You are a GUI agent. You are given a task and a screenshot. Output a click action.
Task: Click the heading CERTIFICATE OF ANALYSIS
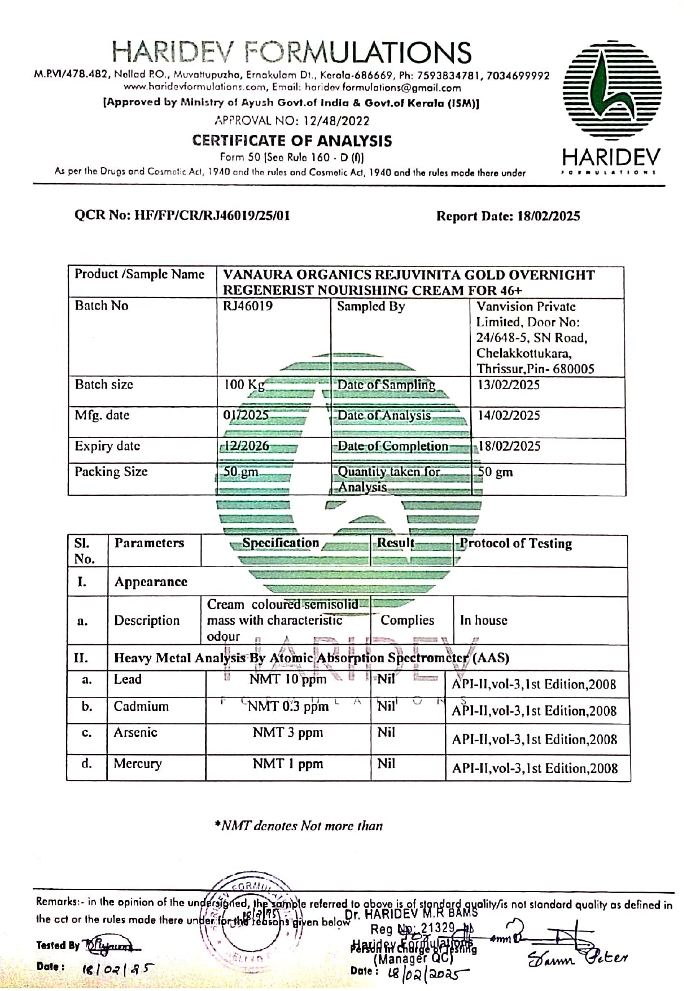click(x=292, y=141)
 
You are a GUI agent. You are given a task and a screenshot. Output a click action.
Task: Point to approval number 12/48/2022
click(x=292, y=120)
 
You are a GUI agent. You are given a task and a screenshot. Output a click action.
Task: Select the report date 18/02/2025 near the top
click(x=548, y=216)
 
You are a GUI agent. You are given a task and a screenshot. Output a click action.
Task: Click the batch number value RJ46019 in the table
click(x=248, y=306)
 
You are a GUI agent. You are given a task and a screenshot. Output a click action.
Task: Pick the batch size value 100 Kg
click(x=244, y=385)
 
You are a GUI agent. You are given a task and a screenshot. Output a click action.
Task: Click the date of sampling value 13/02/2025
click(x=509, y=385)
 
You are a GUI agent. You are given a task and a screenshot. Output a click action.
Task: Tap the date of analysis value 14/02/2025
click(x=509, y=416)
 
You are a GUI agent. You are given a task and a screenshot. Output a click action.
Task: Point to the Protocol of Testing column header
click(x=515, y=543)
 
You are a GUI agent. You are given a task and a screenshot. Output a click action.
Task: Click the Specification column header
click(x=281, y=543)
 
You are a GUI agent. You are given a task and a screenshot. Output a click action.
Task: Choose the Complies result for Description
click(x=407, y=620)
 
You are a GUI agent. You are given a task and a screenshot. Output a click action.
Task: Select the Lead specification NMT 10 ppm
click(x=288, y=679)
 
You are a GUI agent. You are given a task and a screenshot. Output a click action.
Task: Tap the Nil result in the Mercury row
click(x=386, y=764)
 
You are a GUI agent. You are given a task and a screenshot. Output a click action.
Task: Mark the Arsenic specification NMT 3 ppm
click(x=288, y=733)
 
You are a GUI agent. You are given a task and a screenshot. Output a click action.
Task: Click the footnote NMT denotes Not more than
click(x=299, y=826)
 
